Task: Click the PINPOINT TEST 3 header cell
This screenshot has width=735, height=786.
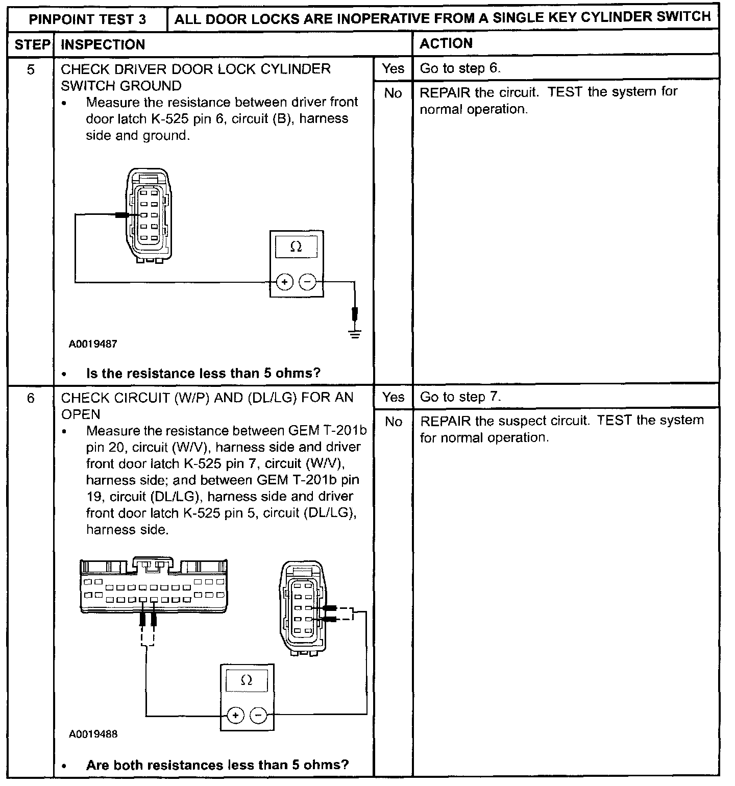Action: (87, 19)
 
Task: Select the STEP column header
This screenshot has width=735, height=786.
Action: (31, 44)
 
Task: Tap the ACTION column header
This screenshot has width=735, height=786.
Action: (446, 43)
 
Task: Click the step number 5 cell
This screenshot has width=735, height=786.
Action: (31, 69)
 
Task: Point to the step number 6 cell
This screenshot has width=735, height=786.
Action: (31, 398)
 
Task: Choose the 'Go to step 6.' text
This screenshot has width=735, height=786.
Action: (460, 68)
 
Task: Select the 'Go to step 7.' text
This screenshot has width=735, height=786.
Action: (460, 397)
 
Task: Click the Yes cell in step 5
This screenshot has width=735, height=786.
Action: (393, 68)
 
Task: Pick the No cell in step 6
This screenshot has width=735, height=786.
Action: (393, 422)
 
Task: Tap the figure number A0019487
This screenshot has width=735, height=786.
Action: (93, 344)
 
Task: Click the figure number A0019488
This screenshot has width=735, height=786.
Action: (93, 734)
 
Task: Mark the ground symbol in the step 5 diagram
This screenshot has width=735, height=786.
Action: (355, 334)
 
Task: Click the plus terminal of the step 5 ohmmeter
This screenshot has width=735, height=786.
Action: (284, 282)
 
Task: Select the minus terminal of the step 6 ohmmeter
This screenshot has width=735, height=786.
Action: (259, 716)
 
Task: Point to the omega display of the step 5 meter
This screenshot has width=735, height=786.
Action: (296, 248)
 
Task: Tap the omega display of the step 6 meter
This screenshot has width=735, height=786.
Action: (247, 681)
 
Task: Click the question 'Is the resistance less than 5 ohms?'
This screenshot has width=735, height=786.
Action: (203, 374)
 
